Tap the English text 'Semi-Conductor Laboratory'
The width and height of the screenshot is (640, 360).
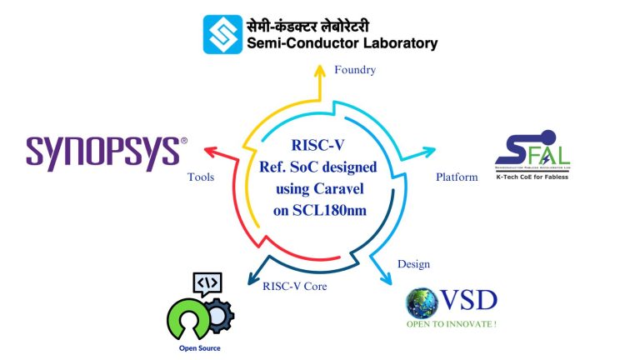342,43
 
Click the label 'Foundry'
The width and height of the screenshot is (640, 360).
355,70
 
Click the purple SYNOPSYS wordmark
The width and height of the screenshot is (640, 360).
102,153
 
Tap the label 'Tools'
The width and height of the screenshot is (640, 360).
202,177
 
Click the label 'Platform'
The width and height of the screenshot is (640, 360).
457,177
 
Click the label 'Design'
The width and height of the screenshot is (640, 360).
413,264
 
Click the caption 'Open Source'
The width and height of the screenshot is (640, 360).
200,347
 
